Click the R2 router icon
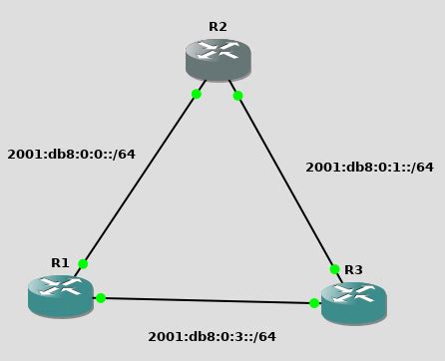click(218, 59)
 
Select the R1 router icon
click(61, 295)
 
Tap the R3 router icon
click(353, 302)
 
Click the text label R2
click(218, 27)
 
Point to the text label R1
click(61, 263)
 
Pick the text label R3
click(353, 270)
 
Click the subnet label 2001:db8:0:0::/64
click(71, 155)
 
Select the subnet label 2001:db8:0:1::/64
click(369, 168)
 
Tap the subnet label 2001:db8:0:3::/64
click(212, 337)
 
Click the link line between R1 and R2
click(140, 179)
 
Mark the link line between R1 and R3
click(208, 300)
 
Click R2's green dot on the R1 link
click(197, 94)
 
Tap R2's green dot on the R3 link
click(237, 96)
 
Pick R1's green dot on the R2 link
click(83, 264)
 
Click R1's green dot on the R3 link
click(101, 297)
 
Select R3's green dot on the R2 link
click(334, 269)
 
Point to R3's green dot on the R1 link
click(314, 303)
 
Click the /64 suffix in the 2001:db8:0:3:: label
click(262, 337)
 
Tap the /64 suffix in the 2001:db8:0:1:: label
click(420, 168)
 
